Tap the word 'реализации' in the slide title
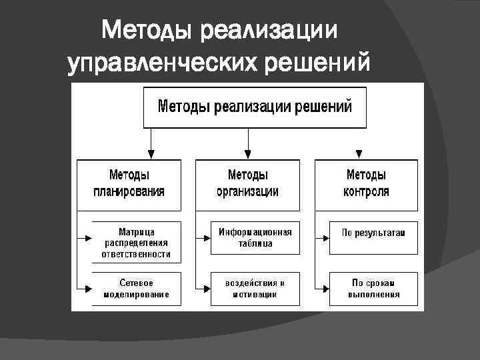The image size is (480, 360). [269, 29]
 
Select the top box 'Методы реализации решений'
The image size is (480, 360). [255, 107]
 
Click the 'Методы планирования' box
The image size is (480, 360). [129, 183]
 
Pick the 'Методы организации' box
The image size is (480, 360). [248, 183]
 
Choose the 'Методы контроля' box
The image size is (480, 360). [366, 183]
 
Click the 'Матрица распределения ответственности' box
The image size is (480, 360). [136, 239]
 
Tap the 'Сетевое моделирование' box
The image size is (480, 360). [136, 289]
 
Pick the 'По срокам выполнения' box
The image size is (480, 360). [373, 289]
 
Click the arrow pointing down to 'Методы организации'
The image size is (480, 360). [248, 152]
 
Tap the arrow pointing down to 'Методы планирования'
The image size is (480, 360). [152, 152]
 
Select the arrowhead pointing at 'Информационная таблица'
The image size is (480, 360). [206, 237]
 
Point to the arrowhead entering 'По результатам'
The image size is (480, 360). [325, 236]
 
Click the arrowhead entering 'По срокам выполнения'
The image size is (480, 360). [325, 289]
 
